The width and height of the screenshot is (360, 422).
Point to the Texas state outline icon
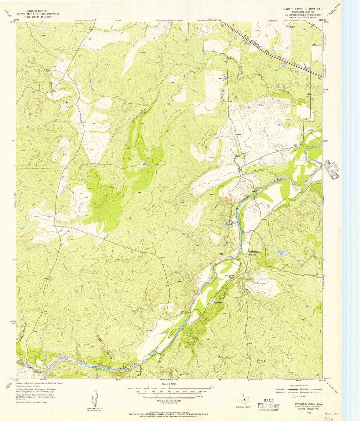click(x=242, y=400)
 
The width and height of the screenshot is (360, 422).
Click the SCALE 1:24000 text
click(x=169, y=384)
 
